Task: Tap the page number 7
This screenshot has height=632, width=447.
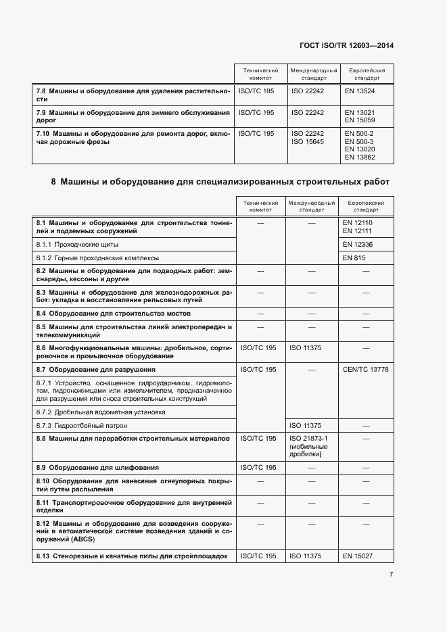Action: tap(392, 575)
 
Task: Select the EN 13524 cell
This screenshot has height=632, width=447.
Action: tap(359, 91)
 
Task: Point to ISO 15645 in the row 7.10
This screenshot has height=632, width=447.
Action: tap(308, 141)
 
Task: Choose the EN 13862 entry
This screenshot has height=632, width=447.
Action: tap(359, 157)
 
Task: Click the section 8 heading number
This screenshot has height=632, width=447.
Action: tap(53, 182)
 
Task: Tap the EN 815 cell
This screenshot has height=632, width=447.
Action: tap(354, 258)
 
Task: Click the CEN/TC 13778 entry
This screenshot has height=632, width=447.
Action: tap(366, 370)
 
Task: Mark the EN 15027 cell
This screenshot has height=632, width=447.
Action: tap(358, 556)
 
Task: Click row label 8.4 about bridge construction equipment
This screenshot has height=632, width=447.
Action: tap(113, 314)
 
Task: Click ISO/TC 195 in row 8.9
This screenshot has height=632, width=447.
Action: tap(258, 468)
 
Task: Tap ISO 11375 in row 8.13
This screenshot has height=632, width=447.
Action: tap(305, 556)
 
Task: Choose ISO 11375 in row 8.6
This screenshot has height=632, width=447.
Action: tap(305, 347)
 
